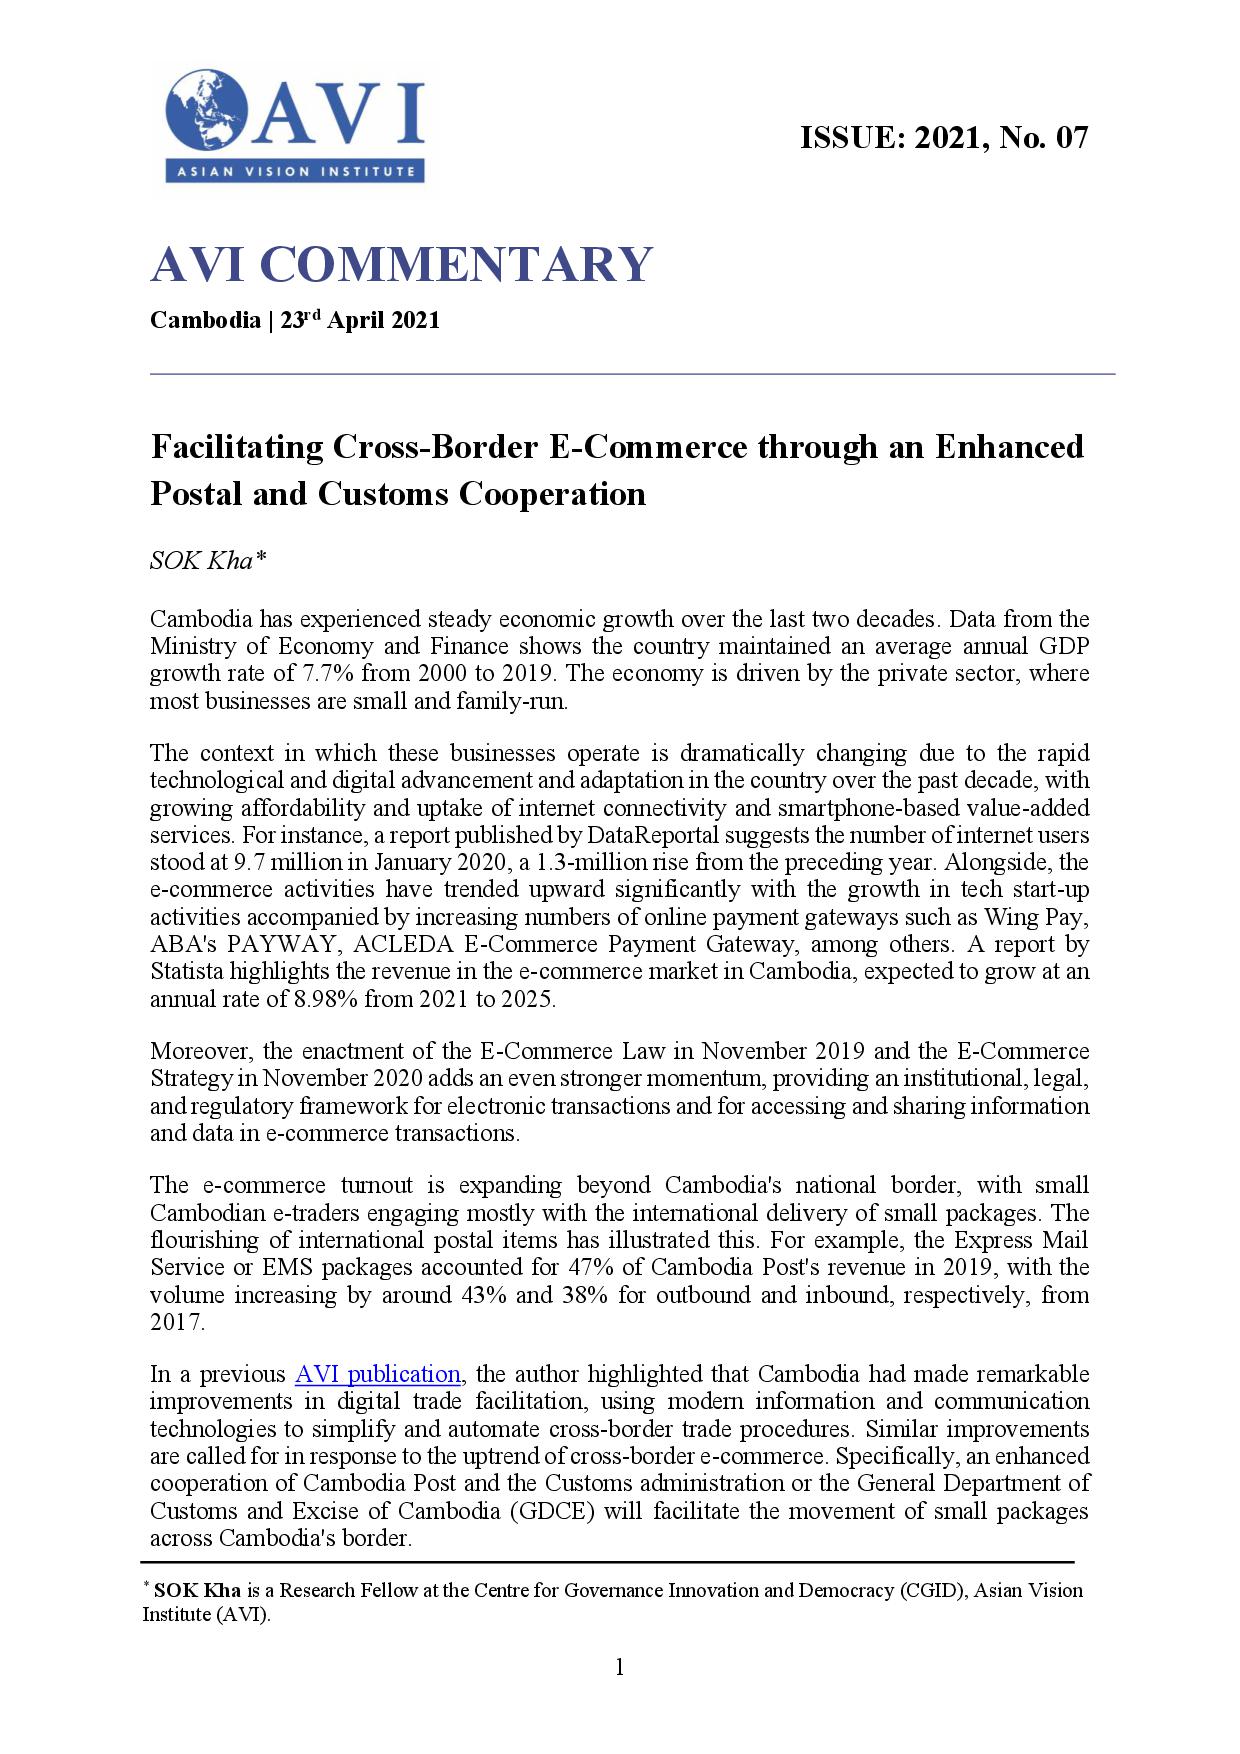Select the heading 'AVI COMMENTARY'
click(x=401, y=264)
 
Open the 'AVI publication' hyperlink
click(x=377, y=1374)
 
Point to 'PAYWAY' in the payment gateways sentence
click(x=267, y=944)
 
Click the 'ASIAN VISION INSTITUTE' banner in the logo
click(x=295, y=171)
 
